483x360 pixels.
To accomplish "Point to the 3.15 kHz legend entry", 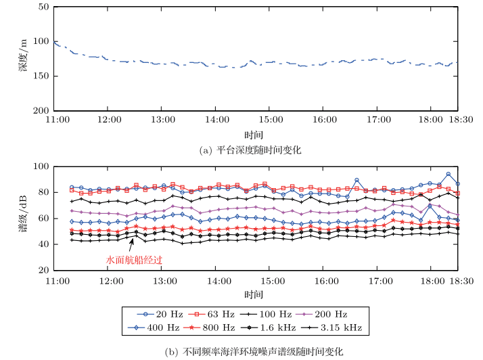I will (x=336, y=328).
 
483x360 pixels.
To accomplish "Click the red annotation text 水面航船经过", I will (x=135, y=259).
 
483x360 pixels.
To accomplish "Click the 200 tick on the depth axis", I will (x=41, y=110).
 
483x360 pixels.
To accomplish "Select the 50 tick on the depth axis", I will (x=43, y=7).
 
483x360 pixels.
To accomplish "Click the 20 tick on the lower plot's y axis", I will (x=43, y=270).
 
